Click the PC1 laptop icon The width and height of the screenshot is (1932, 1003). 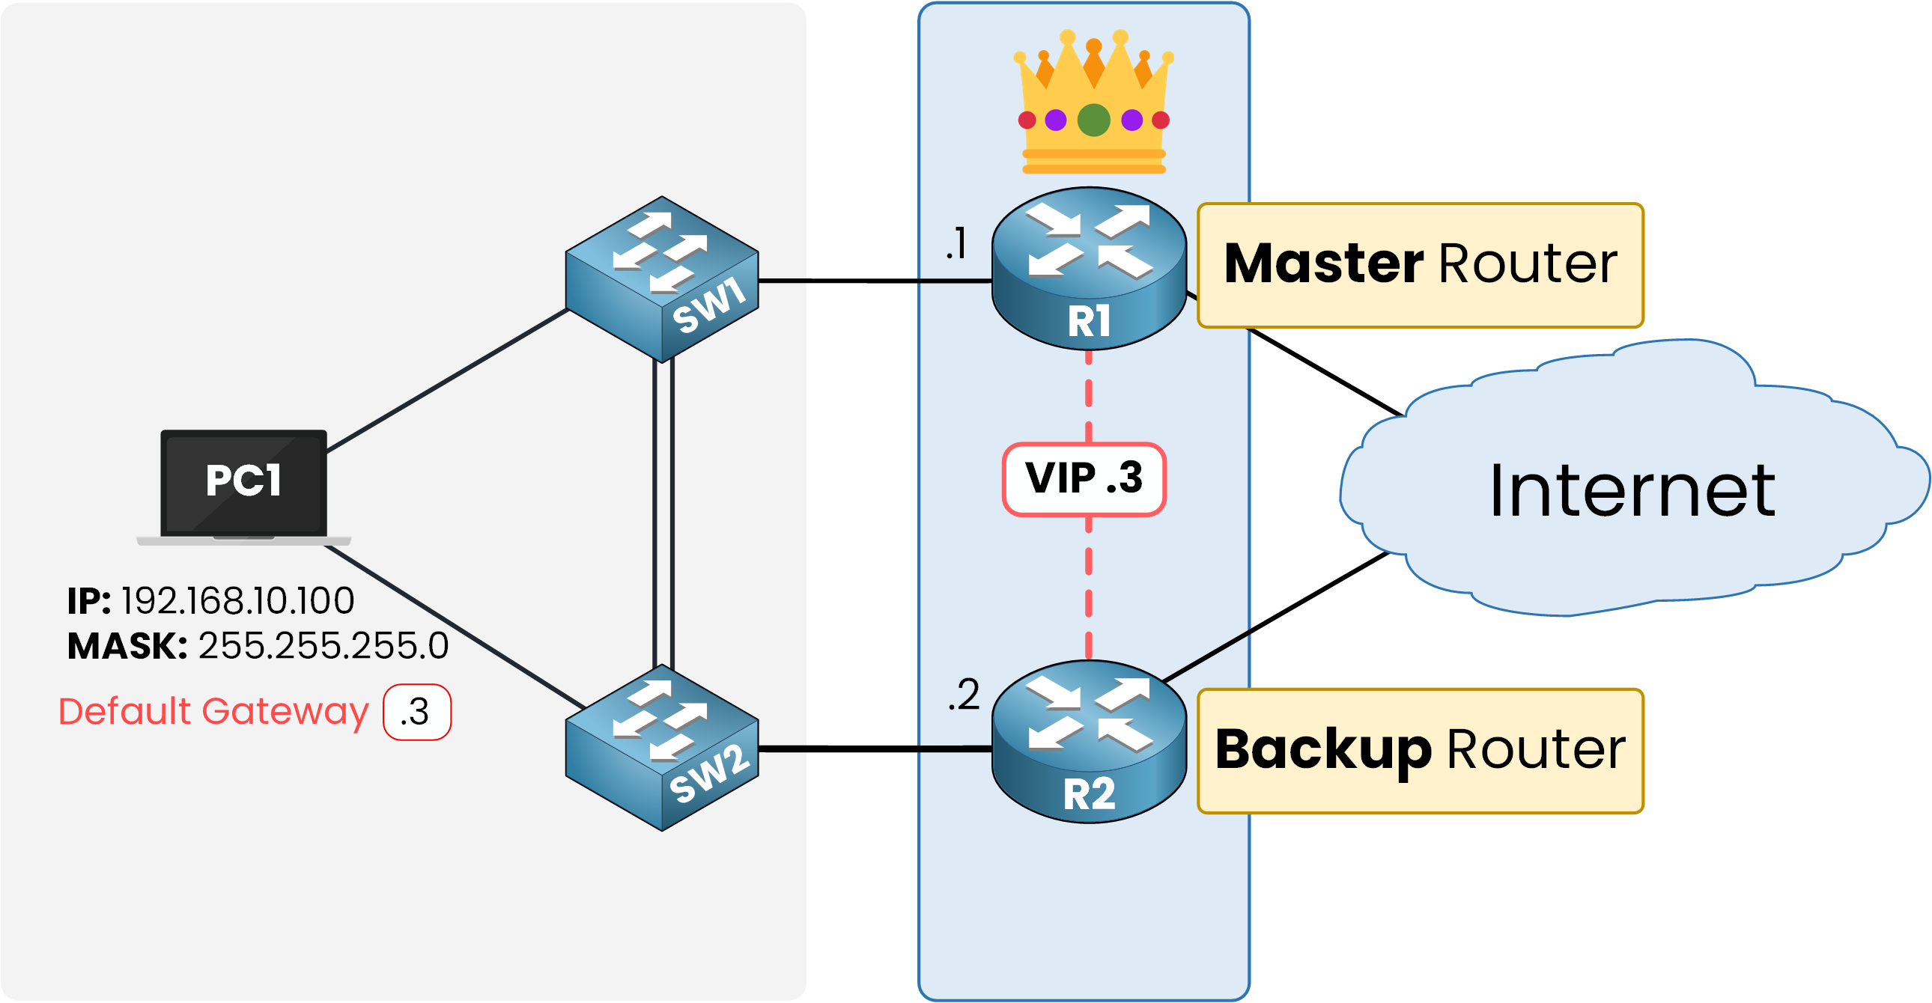point(244,486)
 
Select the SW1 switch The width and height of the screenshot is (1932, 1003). point(662,279)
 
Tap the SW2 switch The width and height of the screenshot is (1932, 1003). point(662,747)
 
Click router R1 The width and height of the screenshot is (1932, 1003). point(1089,269)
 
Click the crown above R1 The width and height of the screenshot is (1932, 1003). point(1093,102)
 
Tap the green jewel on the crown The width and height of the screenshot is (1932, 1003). point(1093,120)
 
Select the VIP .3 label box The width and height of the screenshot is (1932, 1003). point(1084,479)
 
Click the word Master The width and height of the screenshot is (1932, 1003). point(1323,264)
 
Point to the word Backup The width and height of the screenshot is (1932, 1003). point(1323,749)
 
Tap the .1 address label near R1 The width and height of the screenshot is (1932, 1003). point(957,243)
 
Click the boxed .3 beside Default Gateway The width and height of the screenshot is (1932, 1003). point(417,712)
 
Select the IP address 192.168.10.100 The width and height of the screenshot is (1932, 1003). point(237,601)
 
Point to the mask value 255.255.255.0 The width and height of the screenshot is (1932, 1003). point(323,646)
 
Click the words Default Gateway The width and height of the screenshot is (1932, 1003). point(213,711)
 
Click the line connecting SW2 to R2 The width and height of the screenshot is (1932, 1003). point(874,749)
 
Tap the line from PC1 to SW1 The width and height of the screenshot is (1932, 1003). point(446,381)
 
